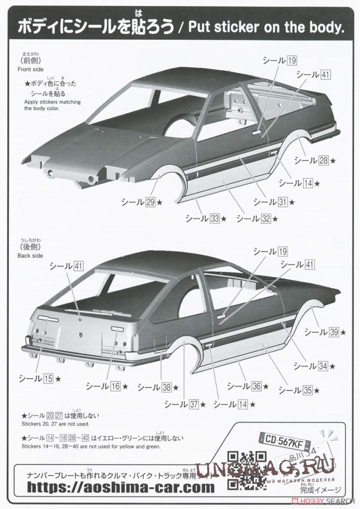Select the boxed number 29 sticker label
coord(151,202)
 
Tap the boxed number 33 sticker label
coord(215,218)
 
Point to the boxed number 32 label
coord(266,218)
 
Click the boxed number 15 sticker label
coord(48,379)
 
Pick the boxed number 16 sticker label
coord(115,386)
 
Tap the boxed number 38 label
coord(167,387)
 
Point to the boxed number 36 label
coord(257,386)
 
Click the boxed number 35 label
coord(308,390)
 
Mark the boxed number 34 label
coord(323,366)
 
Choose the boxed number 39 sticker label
coord(334,332)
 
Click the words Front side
coord(31,69)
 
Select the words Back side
coord(30,256)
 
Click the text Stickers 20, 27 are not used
coord(55,424)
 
